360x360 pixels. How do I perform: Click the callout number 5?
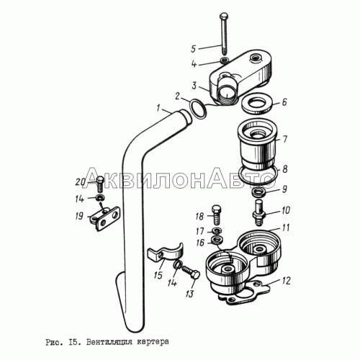pyautogui.click(x=194, y=49)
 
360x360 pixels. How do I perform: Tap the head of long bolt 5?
pyautogui.click(x=223, y=16)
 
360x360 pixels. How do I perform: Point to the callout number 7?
pyautogui.click(x=284, y=139)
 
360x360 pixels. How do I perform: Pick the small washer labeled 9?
pyautogui.click(x=258, y=192)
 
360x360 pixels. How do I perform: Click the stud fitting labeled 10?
pyautogui.click(x=258, y=212)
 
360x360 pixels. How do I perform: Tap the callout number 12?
pyautogui.click(x=286, y=281)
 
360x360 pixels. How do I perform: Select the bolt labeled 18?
pyautogui.click(x=217, y=215)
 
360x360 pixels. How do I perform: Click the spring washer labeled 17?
pyautogui.click(x=217, y=231)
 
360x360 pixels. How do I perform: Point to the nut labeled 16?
pyautogui.click(x=217, y=240)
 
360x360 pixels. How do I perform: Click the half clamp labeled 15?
pyautogui.click(x=166, y=254)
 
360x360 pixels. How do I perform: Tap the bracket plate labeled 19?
pyautogui.click(x=105, y=218)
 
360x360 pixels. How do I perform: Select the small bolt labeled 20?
pyautogui.click(x=100, y=184)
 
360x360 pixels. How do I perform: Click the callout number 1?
pyautogui.click(x=158, y=108)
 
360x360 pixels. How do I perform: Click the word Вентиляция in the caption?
pyautogui.click(x=109, y=341)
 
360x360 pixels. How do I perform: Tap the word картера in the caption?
pyautogui.click(x=153, y=341)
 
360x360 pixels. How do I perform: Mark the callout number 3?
pyautogui.click(x=194, y=86)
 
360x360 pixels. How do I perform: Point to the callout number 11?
pyautogui.click(x=286, y=228)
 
